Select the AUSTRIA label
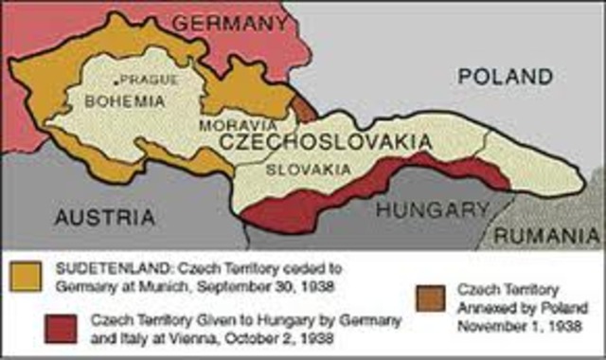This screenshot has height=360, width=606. (104, 217)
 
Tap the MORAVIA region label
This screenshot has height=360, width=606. (238, 124)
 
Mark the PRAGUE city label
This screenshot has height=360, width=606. (149, 79)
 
